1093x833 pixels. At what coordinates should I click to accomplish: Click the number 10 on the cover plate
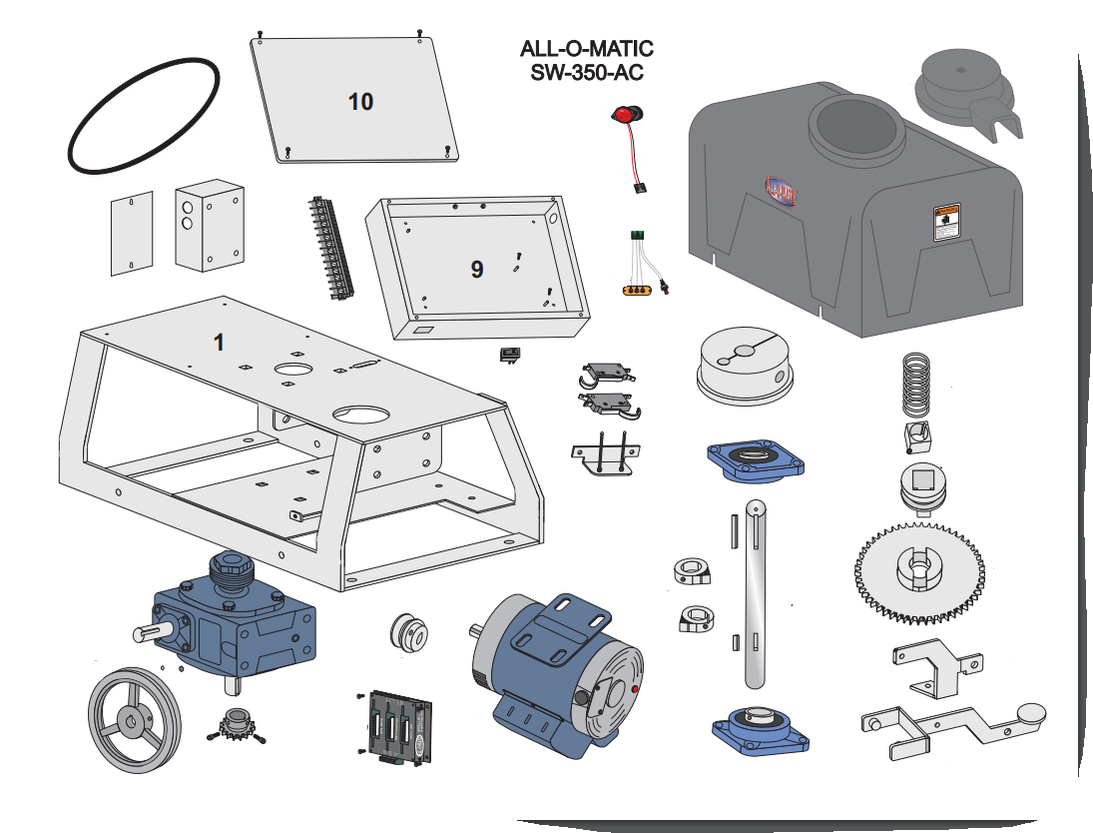pos(360,102)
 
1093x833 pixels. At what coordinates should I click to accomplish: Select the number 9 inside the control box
pos(477,269)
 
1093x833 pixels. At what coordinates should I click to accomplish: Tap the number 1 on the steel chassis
pos(219,342)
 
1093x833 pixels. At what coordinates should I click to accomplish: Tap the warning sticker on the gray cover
pos(945,223)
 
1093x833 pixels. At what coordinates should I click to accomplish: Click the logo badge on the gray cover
pos(778,191)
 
